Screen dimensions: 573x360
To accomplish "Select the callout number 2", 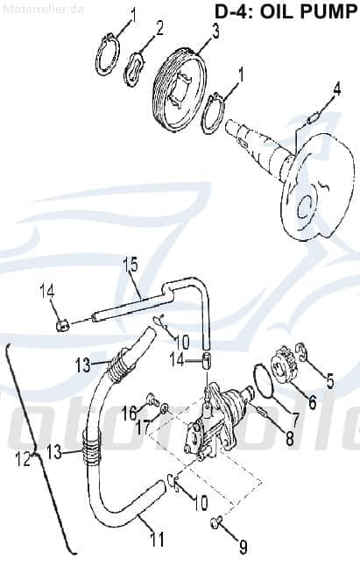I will point(159,29).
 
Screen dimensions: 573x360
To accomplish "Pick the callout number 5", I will point(329,379).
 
